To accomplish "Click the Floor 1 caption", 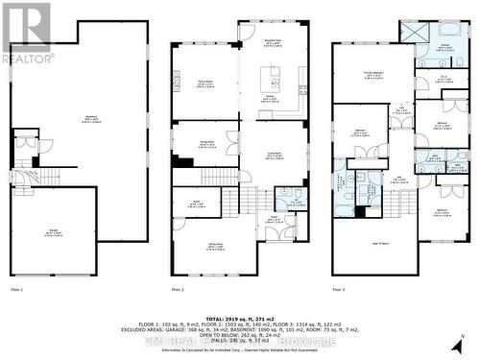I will coord(16,288).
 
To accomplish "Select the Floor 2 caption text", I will coord(178,288).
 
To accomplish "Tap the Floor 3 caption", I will coord(339,288).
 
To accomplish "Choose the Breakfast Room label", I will coord(272,43).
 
